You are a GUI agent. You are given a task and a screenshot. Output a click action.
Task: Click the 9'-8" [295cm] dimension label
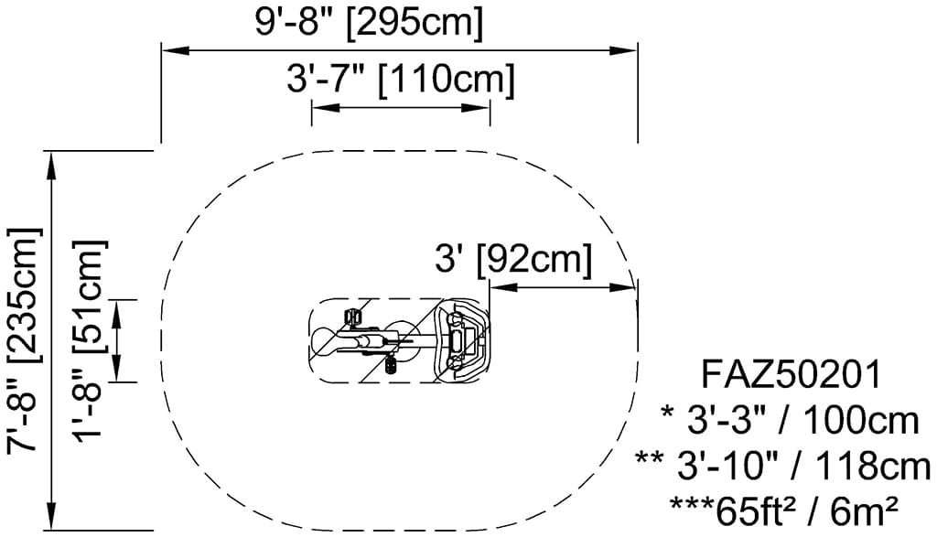point(369,23)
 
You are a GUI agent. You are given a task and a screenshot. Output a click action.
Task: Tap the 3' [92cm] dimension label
point(514,259)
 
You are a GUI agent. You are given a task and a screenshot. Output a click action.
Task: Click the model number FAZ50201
point(792,375)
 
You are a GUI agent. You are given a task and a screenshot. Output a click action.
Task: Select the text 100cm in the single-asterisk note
point(860,421)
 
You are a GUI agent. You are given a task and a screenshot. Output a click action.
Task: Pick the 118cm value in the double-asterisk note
point(873,466)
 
